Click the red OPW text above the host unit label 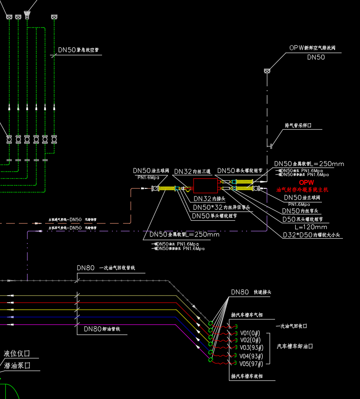coord(307,182)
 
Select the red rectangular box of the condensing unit coord(205,186)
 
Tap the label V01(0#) coord(250,333)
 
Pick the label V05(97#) coord(251,364)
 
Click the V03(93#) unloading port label coord(251,348)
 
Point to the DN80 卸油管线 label coord(102,329)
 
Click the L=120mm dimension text coord(311,227)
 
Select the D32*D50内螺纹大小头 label coord(312,236)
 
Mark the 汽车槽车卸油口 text coord(295,346)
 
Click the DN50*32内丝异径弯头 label coord(222,207)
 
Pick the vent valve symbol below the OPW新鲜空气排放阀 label coord(267,71)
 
